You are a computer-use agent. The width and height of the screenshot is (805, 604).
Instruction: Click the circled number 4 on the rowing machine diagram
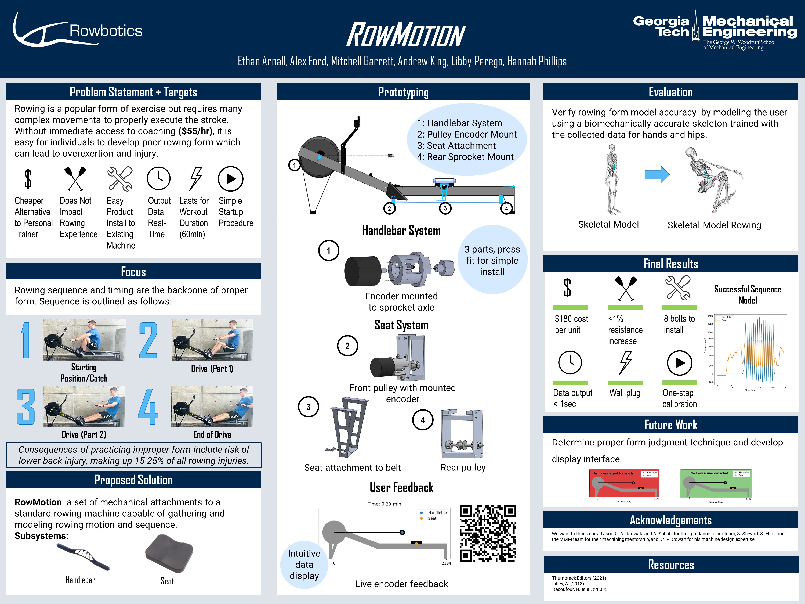tap(506, 209)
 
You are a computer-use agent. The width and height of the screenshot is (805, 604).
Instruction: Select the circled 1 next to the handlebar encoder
tap(329, 250)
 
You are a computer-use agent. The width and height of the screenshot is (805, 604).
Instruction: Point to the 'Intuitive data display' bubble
tap(304, 564)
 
